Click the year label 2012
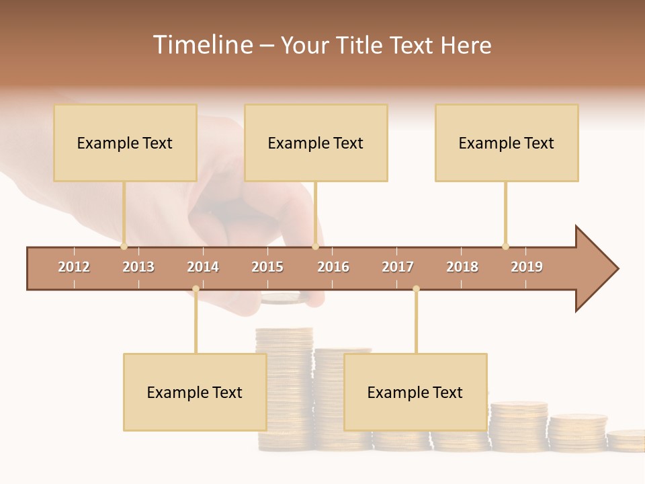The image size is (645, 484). (74, 267)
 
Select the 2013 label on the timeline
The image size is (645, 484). (138, 267)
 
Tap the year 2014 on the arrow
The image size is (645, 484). (203, 267)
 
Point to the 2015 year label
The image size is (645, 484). (267, 267)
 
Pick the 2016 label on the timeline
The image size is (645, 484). (333, 267)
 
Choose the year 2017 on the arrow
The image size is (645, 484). (398, 267)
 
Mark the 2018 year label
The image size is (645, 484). (462, 267)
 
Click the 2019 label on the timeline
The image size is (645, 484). (527, 267)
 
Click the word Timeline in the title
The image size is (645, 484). (201, 45)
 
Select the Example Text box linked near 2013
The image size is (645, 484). (125, 143)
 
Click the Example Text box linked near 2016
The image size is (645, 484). (316, 143)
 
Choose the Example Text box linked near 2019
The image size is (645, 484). (507, 143)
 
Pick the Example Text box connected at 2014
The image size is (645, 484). (195, 392)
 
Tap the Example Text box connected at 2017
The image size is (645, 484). (415, 392)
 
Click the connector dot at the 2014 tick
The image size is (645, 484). (196, 289)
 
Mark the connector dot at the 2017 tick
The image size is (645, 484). (416, 289)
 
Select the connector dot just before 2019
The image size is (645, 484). (505, 246)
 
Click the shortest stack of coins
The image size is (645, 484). (626, 440)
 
